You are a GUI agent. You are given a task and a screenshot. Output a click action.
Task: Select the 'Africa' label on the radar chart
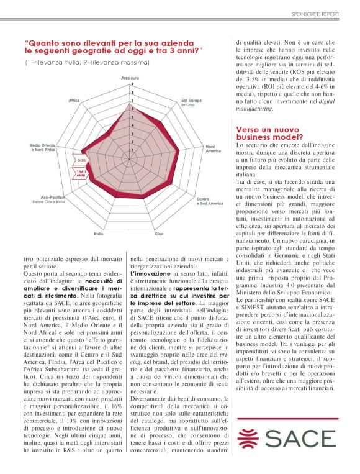[x=74, y=100]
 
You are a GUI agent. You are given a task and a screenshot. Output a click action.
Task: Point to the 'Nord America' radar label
[x=214, y=150]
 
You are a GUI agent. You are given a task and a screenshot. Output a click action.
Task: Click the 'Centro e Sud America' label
[x=209, y=201]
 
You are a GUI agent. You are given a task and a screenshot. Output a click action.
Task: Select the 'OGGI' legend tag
[x=81, y=160]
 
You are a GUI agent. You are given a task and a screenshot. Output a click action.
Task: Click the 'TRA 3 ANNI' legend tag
[x=81, y=173]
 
